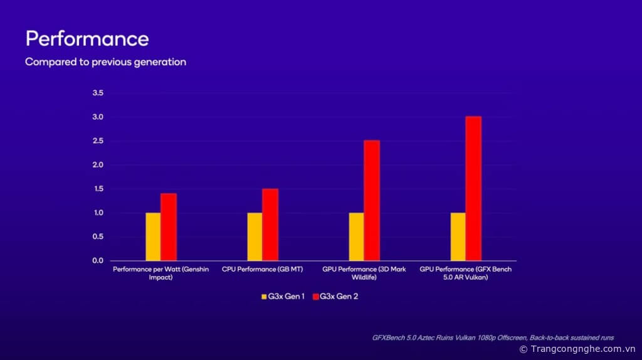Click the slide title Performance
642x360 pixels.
87,39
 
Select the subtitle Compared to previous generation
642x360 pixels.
105,62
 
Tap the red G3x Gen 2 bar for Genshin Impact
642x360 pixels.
169,227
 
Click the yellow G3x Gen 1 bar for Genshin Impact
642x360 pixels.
153,236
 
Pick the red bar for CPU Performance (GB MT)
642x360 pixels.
270,225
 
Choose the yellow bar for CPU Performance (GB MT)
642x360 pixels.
255,236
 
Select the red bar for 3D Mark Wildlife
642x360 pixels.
372,200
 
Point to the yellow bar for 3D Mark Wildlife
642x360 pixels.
356,236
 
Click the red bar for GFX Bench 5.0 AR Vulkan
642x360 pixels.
473,188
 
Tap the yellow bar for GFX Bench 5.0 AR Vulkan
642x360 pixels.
458,236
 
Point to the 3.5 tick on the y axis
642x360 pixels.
98,93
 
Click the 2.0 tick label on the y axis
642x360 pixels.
98,165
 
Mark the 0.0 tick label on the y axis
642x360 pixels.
98,260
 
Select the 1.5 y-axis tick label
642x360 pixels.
98,189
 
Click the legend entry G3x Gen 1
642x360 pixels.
283,296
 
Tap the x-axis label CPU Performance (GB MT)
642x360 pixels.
262,269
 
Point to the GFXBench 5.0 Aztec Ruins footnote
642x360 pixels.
493,337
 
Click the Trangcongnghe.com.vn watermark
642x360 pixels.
577,349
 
